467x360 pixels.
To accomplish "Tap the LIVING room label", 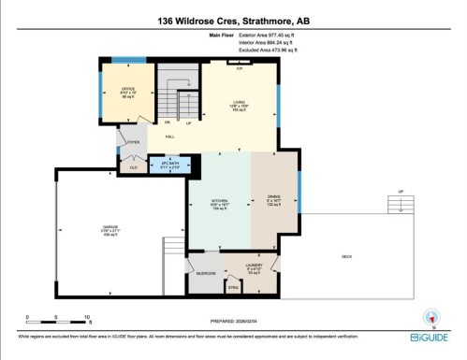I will (x=239, y=103).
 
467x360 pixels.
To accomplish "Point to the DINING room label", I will (x=273, y=197).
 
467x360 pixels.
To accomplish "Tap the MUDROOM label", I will (x=208, y=273).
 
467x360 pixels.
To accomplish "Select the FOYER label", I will (x=134, y=143).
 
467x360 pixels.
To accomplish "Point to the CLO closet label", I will (x=133, y=167).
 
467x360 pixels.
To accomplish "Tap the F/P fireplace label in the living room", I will (x=240, y=69).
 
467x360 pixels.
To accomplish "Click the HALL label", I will (x=170, y=137).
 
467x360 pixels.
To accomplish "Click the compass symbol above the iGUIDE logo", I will (x=431, y=316).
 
